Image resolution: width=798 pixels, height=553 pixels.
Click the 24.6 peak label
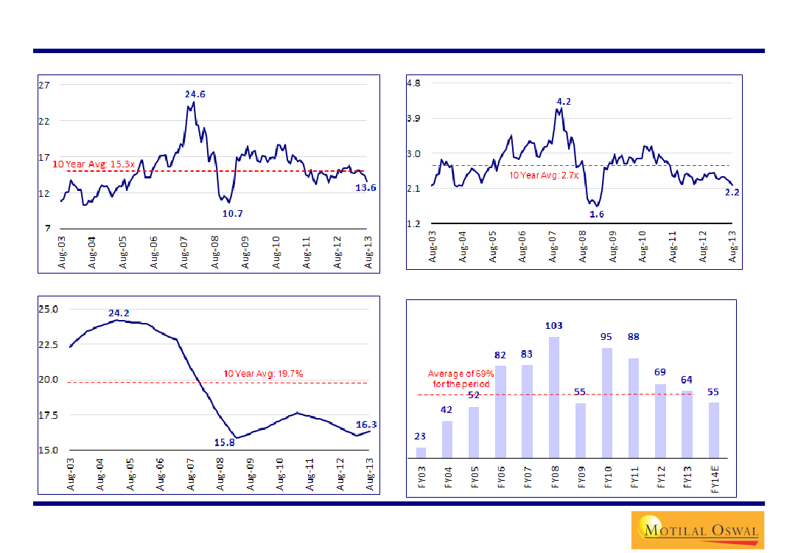tap(195, 94)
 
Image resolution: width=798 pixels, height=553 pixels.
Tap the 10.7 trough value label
tap(232, 213)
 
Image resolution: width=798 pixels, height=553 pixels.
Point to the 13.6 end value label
tap(366, 188)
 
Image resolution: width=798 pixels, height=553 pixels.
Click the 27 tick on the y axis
tap(44, 85)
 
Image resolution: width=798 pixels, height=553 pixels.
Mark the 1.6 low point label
tap(597, 214)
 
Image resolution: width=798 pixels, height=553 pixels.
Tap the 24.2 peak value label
tap(119, 313)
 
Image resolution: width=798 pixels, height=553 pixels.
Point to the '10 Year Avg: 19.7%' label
tap(263, 374)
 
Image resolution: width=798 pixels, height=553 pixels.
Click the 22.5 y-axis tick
tap(50, 344)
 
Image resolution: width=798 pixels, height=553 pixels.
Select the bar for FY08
tap(554, 397)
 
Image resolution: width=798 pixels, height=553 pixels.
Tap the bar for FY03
tap(421, 452)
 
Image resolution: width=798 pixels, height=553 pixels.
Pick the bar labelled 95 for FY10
tap(607, 402)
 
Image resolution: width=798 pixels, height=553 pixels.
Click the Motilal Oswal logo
tap(696, 529)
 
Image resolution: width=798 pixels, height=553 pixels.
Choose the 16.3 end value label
tap(366, 424)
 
